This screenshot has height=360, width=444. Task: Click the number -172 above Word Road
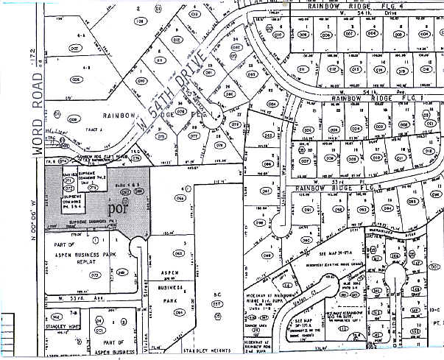point(32,54)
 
